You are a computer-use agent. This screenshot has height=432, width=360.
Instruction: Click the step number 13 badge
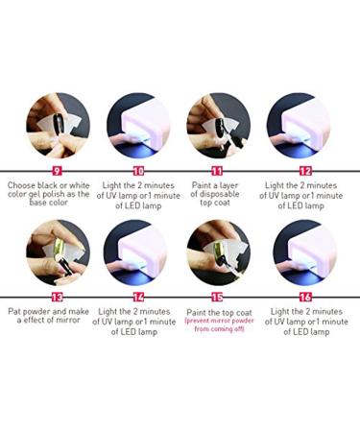coord(55,297)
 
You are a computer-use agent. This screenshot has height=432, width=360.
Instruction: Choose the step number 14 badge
coord(138,297)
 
